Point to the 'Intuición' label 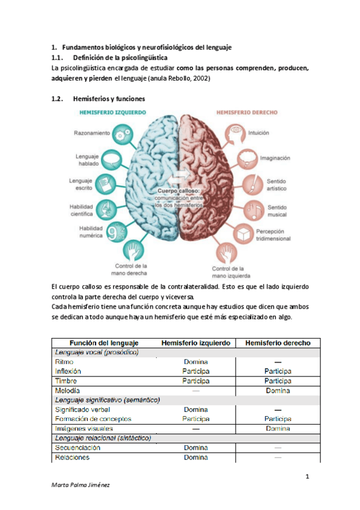[x=258, y=132]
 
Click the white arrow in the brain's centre [x=178, y=176]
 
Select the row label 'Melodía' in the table [x=67, y=390]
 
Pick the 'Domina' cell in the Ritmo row [x=196, y=362]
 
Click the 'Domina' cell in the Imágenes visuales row [x=278, y=428]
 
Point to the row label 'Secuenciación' [x=78, y=447]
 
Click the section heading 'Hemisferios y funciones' [x=108, y=99]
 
